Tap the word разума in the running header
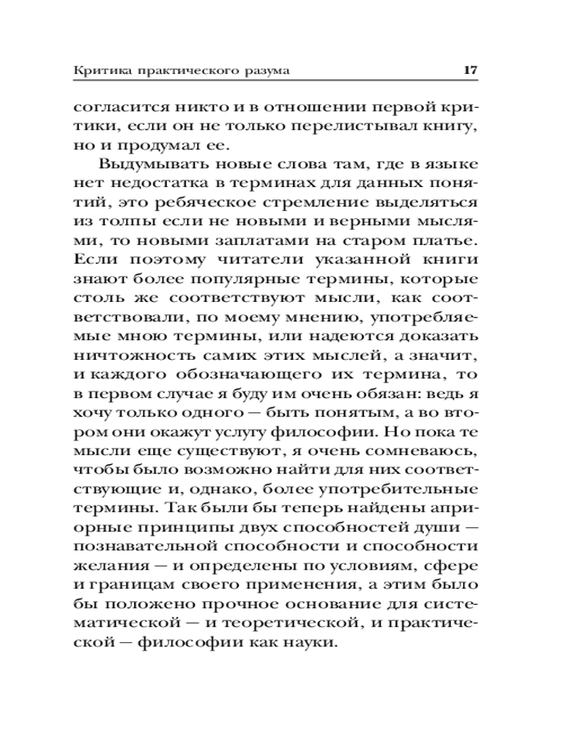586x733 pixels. pos(265,71)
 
